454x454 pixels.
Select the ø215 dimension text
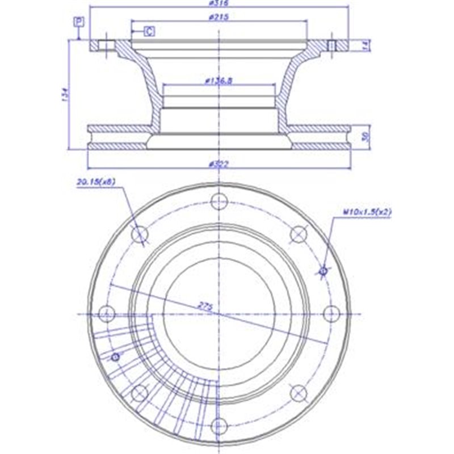[218, 18]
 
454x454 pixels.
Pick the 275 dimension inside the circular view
[205, 306]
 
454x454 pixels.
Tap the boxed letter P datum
[79, 22]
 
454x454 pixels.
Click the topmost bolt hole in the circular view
[218, 201]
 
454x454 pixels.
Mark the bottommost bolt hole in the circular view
[218, 424]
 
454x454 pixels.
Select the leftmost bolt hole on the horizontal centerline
[107, 313]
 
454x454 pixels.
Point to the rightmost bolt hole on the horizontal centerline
[330, 313]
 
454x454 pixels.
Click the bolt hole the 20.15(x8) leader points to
[140, 234]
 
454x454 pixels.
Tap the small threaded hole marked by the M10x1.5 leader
[323, 271]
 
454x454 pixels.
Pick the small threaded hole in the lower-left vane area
[116, 356]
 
